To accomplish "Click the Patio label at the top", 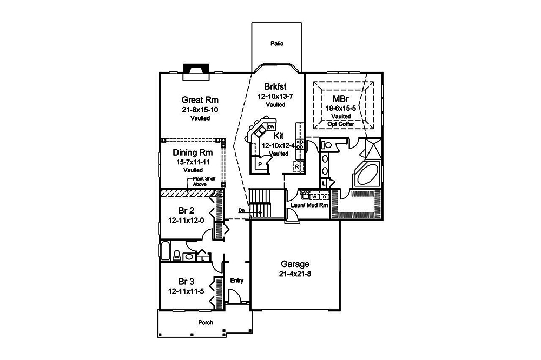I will click(276, 44).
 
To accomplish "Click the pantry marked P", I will click(260, 163).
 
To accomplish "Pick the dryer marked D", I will click(324, 197).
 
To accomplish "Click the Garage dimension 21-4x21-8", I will click(295, 274).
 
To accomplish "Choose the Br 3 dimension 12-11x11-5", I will click(186, 291).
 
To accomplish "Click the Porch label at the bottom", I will click(205, 322).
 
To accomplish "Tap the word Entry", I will click(237, 281).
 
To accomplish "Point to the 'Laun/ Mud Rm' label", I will click(309, 205).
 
